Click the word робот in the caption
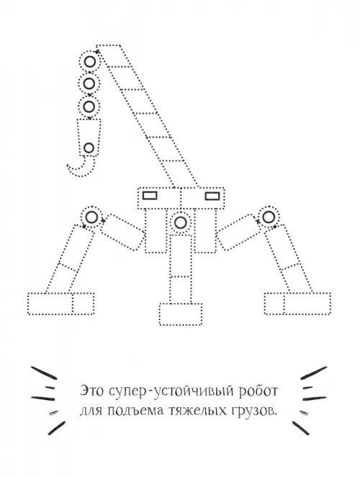point(258,391)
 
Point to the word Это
point(92,391)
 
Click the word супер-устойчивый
point(171,391)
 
